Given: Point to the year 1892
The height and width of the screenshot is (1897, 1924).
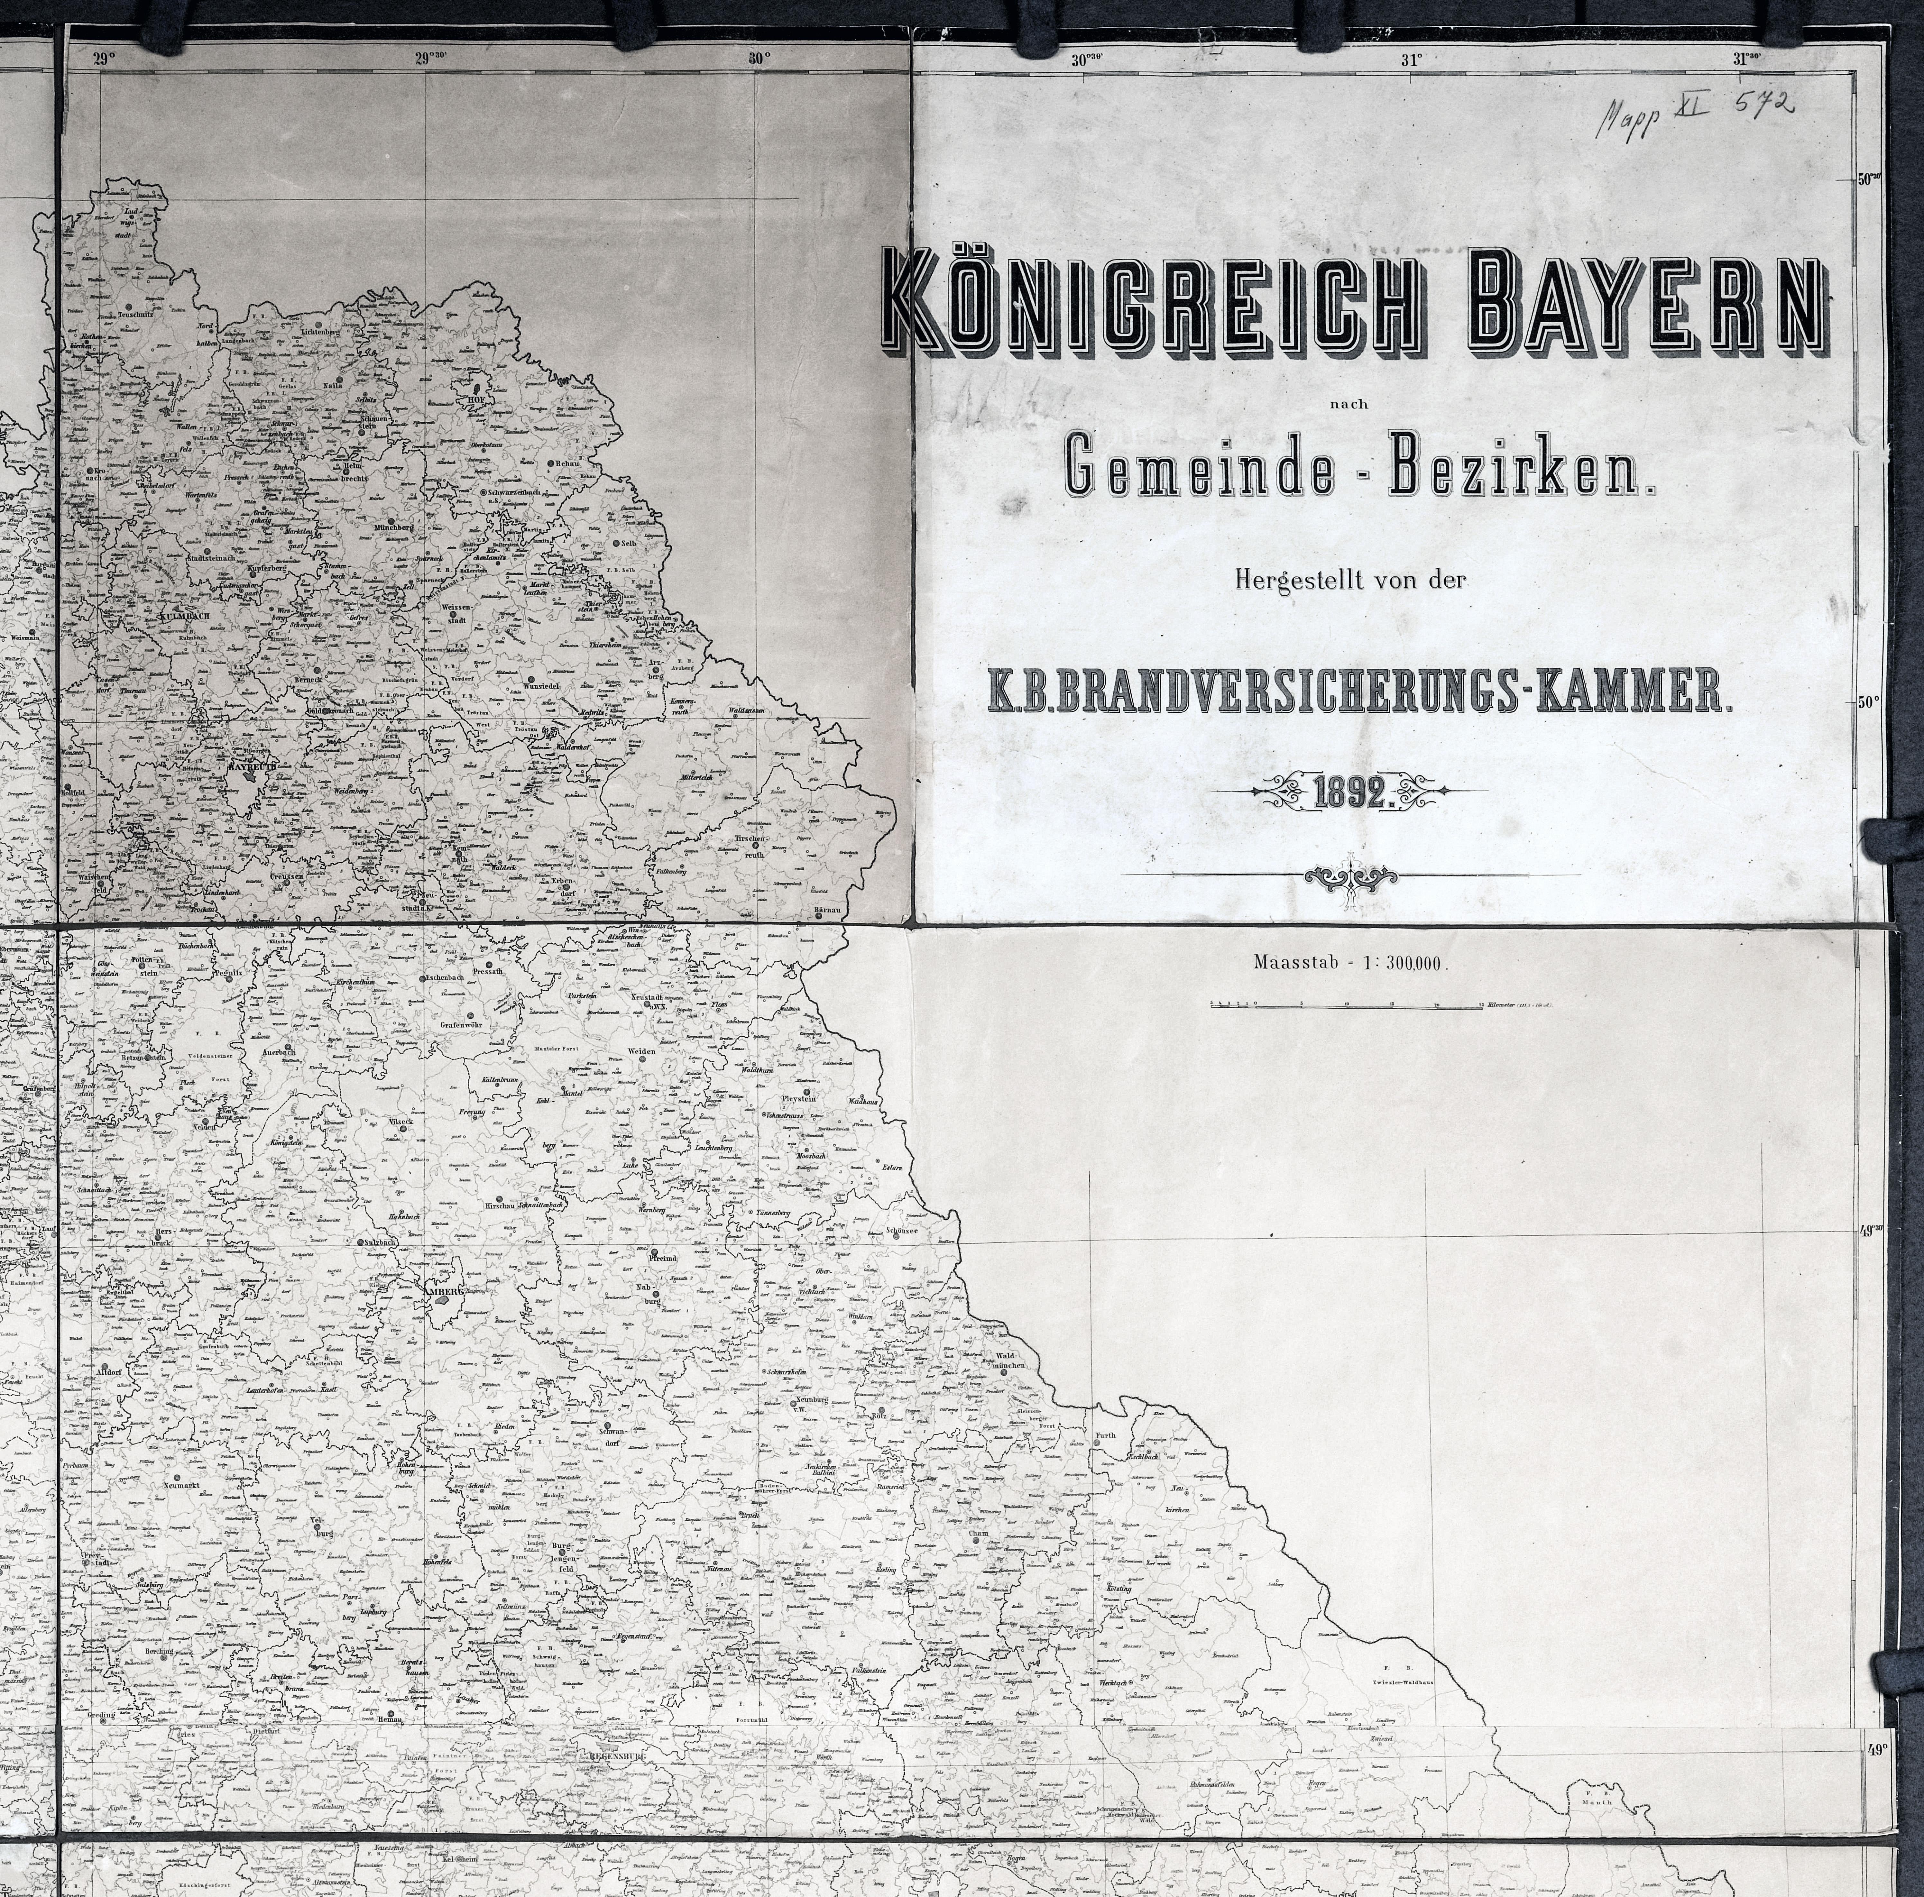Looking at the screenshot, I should tap(1351, 794).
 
